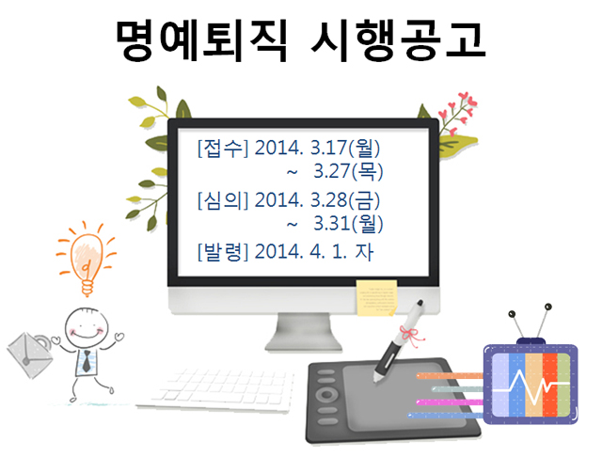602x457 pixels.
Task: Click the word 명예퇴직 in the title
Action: [201, 40]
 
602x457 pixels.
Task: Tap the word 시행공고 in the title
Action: [398, 40]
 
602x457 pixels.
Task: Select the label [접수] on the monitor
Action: [223, 149]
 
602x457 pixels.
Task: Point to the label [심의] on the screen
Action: [223, 200]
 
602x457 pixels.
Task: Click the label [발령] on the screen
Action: [223, 252]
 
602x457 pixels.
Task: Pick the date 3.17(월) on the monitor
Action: [345, 149]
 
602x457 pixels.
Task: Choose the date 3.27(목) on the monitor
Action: [348, 171]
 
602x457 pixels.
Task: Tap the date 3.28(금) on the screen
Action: [345, 200]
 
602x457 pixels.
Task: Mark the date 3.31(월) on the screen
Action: [348, 223]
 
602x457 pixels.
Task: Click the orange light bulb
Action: [87, 259]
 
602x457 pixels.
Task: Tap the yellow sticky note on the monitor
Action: [376, 298]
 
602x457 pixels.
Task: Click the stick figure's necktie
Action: [87, 361]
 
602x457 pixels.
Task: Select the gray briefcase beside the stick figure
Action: [30, 355]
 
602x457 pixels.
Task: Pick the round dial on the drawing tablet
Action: [326, 394]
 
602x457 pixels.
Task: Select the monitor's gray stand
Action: [303, 332]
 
